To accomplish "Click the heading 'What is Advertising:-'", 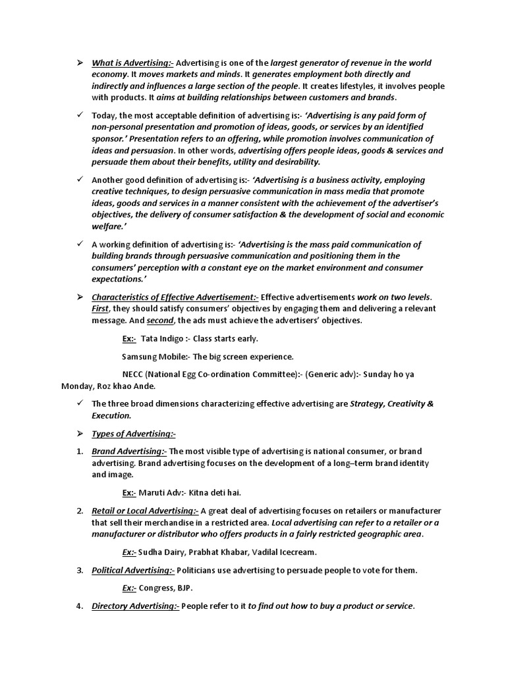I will (x=132, y=63).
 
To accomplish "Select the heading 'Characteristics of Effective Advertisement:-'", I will (x=175, y=297).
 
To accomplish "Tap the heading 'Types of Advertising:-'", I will (x=134, y=433).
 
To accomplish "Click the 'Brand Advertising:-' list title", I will (x=129, y=451).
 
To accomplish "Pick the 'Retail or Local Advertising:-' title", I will (x=145, y=511).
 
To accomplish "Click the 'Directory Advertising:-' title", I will (x=135, y=606).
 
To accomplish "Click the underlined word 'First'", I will (x=100, y=309).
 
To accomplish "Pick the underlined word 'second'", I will (x=159, y=321).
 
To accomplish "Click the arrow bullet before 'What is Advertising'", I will (x=79, y=63).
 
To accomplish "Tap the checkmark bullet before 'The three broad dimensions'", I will (x=79, y=403).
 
